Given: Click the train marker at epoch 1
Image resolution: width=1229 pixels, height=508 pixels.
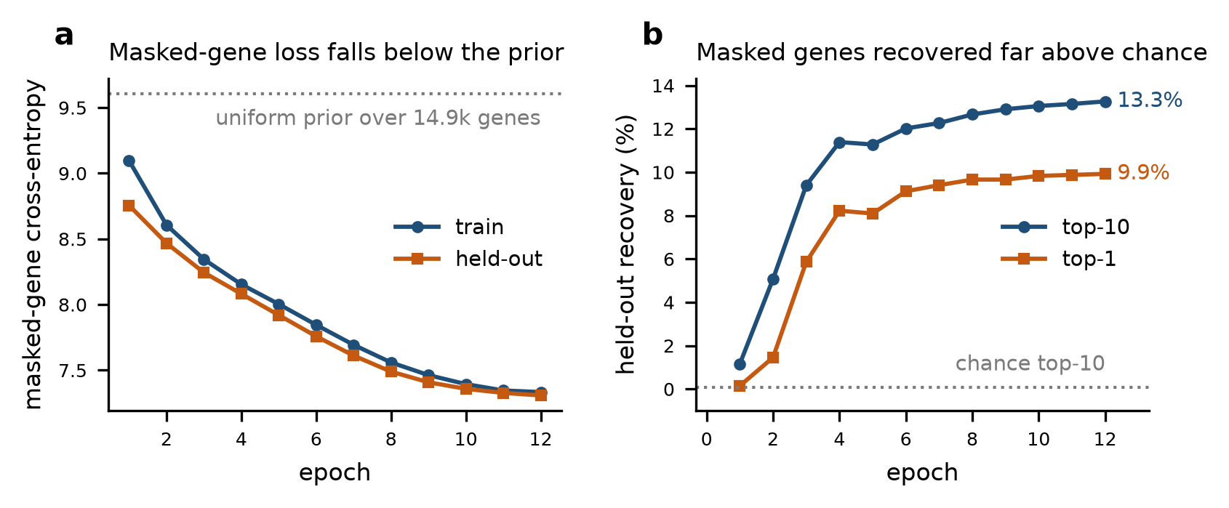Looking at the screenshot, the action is pos(129,161).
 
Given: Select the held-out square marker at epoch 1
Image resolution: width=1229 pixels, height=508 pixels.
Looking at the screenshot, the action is pos(129,206).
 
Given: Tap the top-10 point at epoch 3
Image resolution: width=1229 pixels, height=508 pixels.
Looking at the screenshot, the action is pos(806,186).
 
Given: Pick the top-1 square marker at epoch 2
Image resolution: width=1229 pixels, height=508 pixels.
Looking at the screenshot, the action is pos(773,358).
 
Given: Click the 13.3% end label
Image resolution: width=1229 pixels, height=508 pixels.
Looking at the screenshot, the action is pos(1150,100).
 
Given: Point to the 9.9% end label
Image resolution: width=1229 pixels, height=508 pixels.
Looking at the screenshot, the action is pos(1143,173).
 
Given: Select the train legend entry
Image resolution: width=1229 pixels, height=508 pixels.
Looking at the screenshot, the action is pos(448,227).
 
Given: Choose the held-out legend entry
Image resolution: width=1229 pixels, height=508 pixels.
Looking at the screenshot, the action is pos(468,259).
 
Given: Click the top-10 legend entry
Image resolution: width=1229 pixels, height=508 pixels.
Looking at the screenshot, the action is pos(1065,227).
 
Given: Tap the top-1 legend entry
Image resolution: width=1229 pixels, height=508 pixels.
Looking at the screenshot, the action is pos(1058,259).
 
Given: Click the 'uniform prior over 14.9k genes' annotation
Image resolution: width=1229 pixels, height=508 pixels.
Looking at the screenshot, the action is pos(378,118).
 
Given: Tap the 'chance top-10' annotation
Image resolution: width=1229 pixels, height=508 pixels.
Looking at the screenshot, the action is pos(1030,363).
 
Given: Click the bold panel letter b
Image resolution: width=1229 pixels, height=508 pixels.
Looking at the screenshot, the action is pos(652,35).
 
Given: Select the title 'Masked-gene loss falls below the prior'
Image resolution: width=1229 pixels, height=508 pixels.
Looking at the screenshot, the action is pos(336,52).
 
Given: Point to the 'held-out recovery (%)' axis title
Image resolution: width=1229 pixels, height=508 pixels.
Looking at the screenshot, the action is pos(625,244).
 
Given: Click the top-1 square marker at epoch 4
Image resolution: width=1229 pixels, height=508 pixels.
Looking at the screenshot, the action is pos(839,211).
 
